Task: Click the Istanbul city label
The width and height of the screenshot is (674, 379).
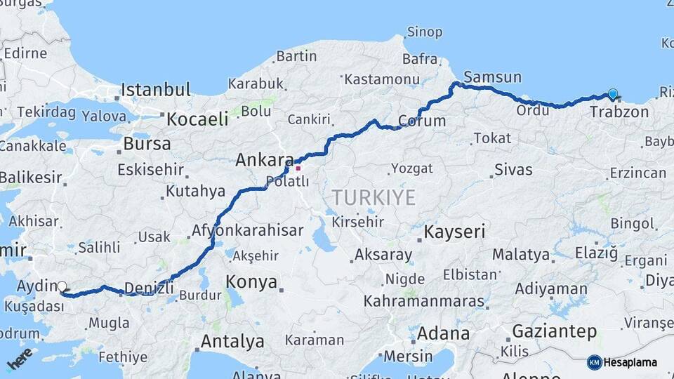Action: (155, 90)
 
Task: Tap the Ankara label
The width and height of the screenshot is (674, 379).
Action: (263, 159)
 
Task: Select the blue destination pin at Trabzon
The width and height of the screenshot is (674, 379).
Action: (613, 95)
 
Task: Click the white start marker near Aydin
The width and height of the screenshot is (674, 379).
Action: (62, 286)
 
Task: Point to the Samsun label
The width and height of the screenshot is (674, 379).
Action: (492, 77)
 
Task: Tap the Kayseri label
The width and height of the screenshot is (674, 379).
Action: (455, 232)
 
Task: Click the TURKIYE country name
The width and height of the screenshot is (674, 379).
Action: (374, 197)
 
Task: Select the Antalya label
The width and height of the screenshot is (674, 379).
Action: (232, 342)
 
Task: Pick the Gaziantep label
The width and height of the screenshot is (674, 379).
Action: (555, 331)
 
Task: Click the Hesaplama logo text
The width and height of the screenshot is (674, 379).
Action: (630, 362)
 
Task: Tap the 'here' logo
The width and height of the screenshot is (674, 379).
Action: (20, 359)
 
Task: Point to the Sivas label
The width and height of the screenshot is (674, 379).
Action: (513, 169)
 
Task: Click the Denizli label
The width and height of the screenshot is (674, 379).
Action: (148, 286)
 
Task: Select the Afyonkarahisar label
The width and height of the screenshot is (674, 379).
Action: (248, 230)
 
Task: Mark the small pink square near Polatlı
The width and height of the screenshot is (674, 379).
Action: (298, 168)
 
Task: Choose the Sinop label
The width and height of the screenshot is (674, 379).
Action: (425, 32)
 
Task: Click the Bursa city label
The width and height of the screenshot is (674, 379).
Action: (147, 144)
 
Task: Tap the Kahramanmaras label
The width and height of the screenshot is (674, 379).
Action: (423, 302)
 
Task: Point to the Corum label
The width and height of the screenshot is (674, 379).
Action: (422, 121)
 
